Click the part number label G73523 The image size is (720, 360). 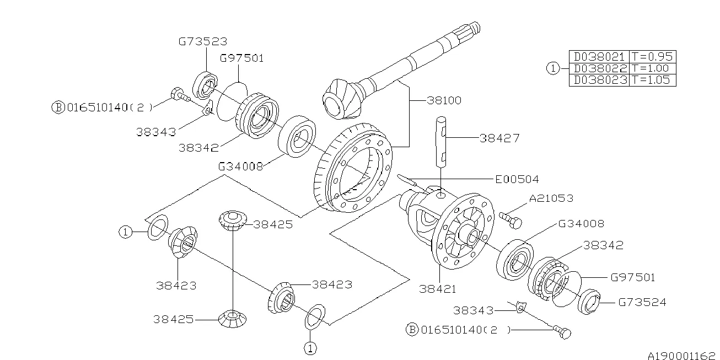(202, 41)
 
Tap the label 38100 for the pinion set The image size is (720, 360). (443, 101)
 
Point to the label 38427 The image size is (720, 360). (499, 138)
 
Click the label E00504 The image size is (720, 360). (517, 179)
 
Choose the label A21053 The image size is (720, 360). (551, 198)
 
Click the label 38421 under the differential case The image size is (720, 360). (438, 288)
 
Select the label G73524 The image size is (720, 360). (642, 302)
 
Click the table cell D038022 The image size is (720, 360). (599, 68)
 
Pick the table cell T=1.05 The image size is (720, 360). (652, 80)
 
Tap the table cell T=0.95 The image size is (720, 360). (652, 57)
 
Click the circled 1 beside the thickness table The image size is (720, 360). (552, 68)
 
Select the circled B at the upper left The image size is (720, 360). (58, 107)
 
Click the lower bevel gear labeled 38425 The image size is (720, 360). (233, 318)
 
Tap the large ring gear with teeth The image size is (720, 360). (353, 171)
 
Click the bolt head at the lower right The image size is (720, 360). (563, 332)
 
